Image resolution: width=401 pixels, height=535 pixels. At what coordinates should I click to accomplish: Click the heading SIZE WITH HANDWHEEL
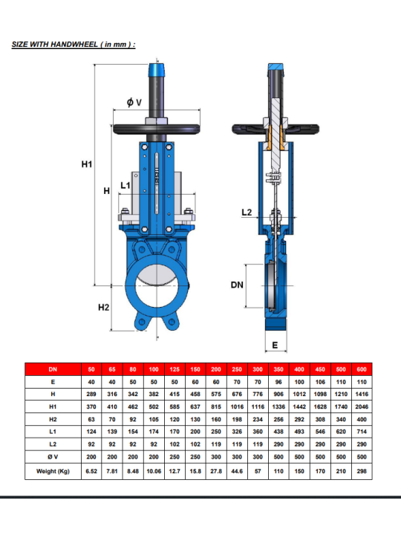coord(74,45)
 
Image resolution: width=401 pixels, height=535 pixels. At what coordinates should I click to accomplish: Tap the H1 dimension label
coord(87,164)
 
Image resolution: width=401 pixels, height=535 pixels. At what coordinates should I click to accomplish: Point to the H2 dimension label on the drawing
coord(104,308)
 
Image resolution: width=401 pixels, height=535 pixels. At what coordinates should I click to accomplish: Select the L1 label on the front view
coord(125,185)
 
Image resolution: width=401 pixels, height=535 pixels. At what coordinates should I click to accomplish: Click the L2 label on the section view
coord(247,213)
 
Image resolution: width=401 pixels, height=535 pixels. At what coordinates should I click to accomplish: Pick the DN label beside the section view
coord(237,285)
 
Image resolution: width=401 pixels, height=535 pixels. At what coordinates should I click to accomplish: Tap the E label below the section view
coord(275,346)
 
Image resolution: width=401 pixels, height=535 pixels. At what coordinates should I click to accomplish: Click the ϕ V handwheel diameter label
coord(134,102)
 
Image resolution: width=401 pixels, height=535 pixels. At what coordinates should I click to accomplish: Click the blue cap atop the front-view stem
coord(157,70)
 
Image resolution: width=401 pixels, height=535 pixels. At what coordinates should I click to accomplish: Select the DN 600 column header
coord(362,369)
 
